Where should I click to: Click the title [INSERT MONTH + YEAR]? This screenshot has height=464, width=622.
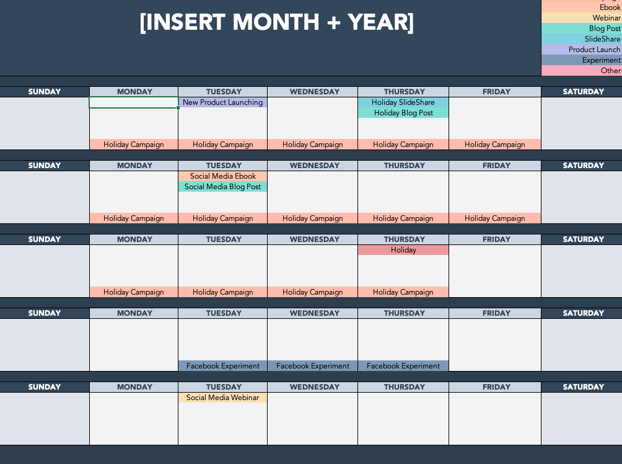(x=276, y=22)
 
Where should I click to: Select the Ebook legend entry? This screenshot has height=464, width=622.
(x=582, y=7)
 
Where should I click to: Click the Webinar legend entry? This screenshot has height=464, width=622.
(x=582, y=18)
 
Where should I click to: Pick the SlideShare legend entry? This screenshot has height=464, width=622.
(x=582, y=39)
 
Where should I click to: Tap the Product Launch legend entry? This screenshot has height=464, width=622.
(x=582, y=50)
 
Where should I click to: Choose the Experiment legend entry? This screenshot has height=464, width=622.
(x=582, y=60)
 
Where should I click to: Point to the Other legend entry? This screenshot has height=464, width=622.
(x=582, y=71)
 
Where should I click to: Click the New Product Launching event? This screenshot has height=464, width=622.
(x=222, y=102)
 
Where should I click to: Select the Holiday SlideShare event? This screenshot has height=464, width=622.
(x=403, y=102)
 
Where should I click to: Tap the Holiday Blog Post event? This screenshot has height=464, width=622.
(x=403, y=113)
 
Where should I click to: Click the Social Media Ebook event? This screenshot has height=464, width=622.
(x=222, y=176)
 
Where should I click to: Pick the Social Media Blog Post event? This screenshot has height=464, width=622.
(x=222, y=187)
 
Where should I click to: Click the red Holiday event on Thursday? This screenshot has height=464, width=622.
(x=403, y=250)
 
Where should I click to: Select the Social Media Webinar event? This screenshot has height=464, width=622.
(x=222, y=398)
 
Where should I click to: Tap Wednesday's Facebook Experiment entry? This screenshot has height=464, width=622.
(x=313, y=366)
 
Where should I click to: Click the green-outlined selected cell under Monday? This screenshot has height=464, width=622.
(x=134, y=102)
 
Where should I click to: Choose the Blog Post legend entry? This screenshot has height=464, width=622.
(x=582, y=29)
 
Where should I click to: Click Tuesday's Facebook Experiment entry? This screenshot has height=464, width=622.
(x=222, y=366)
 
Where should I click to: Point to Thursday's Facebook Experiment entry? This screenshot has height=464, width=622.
(x=403, y=366)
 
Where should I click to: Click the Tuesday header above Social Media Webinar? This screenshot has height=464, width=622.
(x=224, y=387)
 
